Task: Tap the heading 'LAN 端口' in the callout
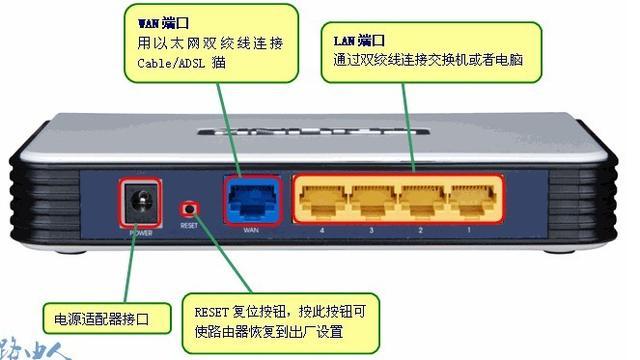[359, 41]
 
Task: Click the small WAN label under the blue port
[251, 230]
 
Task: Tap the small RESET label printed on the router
[189, 225]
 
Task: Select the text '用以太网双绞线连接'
[195, 43]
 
